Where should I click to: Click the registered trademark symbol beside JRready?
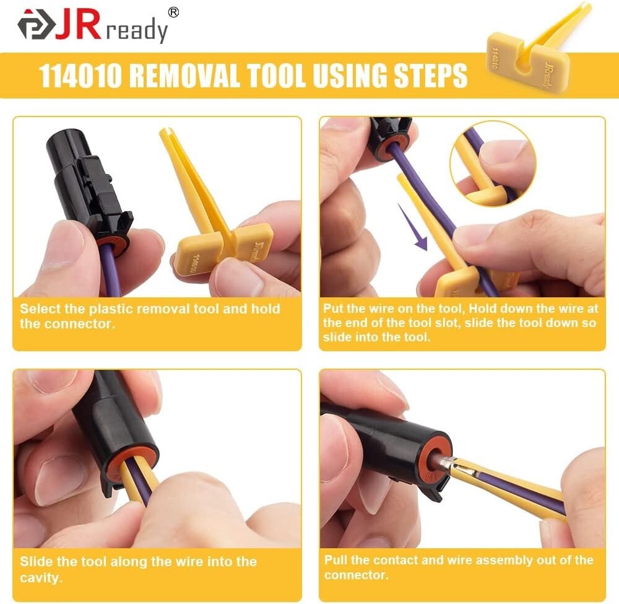(173, 12)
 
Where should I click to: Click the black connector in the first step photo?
(93, 186)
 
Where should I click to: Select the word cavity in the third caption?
(41, 578)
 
